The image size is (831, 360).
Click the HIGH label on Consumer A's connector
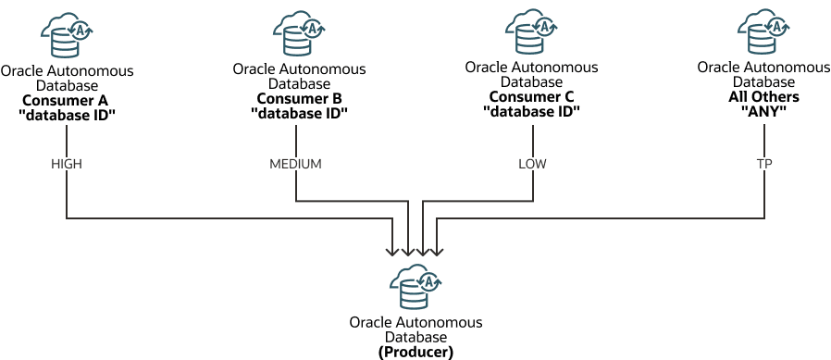(x=67, y=164)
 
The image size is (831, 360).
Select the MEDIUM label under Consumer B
(x=295, y=164)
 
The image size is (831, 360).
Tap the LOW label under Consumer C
(x=533, y=164)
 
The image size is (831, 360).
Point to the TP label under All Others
(x=764, y=164)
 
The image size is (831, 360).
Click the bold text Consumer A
(x=67, y=100)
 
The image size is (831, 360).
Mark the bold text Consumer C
(x=531, y=97)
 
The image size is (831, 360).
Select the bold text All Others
(x=763, y=97)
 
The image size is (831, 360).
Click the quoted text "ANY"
(x=763, y=111)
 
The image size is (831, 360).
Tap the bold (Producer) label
(x=415, y=352)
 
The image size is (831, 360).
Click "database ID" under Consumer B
(x=299, y=113)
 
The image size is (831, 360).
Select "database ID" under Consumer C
(x=531, y=111)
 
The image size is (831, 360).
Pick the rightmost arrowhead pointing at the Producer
(x=436, y=250)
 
